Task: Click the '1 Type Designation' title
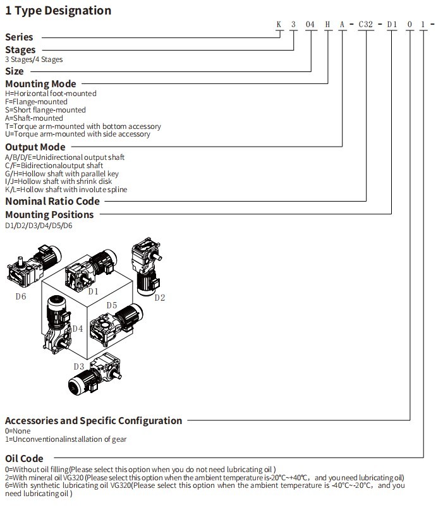tap(58, 11)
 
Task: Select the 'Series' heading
tap(19, 37)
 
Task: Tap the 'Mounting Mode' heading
tap(40, 83)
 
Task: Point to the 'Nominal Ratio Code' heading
tap(52, 201)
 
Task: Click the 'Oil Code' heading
tap(24, 458)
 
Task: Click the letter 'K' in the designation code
tap(279, 25)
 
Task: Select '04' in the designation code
tap(310, 25)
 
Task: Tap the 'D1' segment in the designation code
tap(392, 25)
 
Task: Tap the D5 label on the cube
tap(112, 306)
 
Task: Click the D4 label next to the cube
tap(77, 328)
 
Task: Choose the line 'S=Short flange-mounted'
tap(45, 110)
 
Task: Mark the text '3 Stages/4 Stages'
tap(33, 59)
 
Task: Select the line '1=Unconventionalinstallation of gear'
tap(66, 439)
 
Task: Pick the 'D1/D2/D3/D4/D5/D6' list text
tap(39, 225)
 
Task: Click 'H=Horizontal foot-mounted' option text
tap(51, 94)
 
